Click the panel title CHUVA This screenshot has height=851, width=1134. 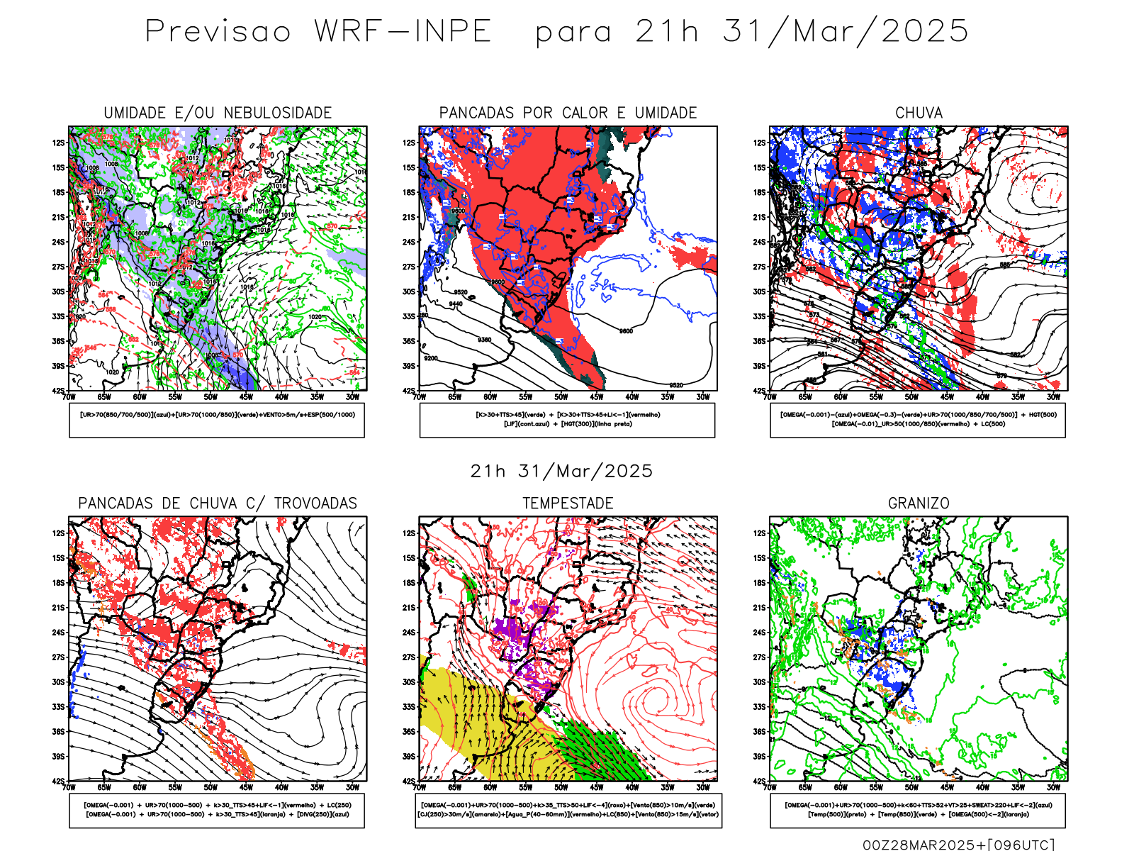tap(919, 113)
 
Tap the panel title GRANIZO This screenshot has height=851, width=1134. tap(919, 504)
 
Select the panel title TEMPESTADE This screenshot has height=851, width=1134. tap(568, 504)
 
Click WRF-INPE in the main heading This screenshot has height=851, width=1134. tap(403, 32)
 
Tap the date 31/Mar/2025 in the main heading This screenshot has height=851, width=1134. tap(846, 32)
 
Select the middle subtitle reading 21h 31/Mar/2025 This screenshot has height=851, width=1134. tap(561, 472)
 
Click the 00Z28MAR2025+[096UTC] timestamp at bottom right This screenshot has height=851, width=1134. tap(958, 845)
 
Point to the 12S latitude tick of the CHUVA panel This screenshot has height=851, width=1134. tap(759, 143)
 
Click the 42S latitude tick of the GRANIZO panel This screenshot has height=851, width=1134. tap(759, 781)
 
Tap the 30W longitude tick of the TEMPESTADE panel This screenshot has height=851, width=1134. tap(703, 787)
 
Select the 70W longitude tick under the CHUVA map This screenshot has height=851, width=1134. tap(770, 397)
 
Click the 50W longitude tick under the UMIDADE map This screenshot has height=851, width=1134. tap(210, 397)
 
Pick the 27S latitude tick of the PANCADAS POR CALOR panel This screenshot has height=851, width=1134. tap(409, 267)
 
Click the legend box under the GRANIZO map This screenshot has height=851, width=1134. tap(918, 810)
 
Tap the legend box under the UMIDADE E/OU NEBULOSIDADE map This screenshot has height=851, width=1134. tap(217, 420)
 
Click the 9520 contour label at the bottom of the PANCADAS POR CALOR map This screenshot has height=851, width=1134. tap(676, 385)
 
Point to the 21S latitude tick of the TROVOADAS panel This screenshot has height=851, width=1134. tap(58, 608)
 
